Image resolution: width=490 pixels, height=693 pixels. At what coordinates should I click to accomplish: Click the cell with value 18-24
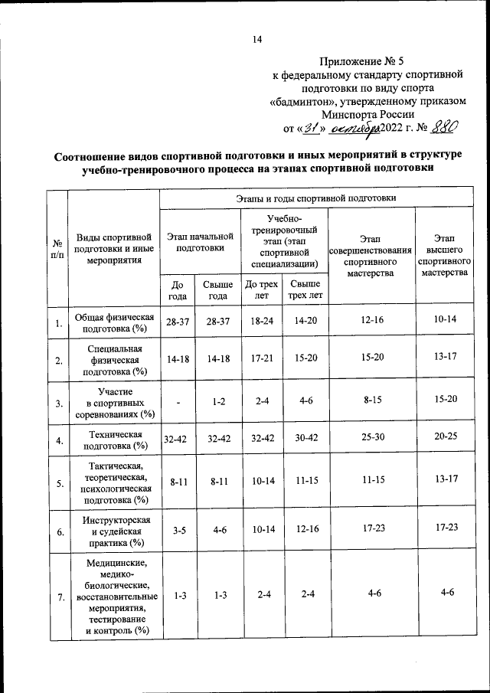click(261, 321)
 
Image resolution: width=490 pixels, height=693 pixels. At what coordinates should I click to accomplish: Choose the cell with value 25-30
click(374, 440)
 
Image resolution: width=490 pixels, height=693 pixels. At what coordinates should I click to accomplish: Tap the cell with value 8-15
click(374, 400)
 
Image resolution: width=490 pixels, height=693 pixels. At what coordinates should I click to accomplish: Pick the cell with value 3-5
click(178, 528)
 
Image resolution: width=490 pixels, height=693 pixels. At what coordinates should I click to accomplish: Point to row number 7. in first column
click(58, 598)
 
